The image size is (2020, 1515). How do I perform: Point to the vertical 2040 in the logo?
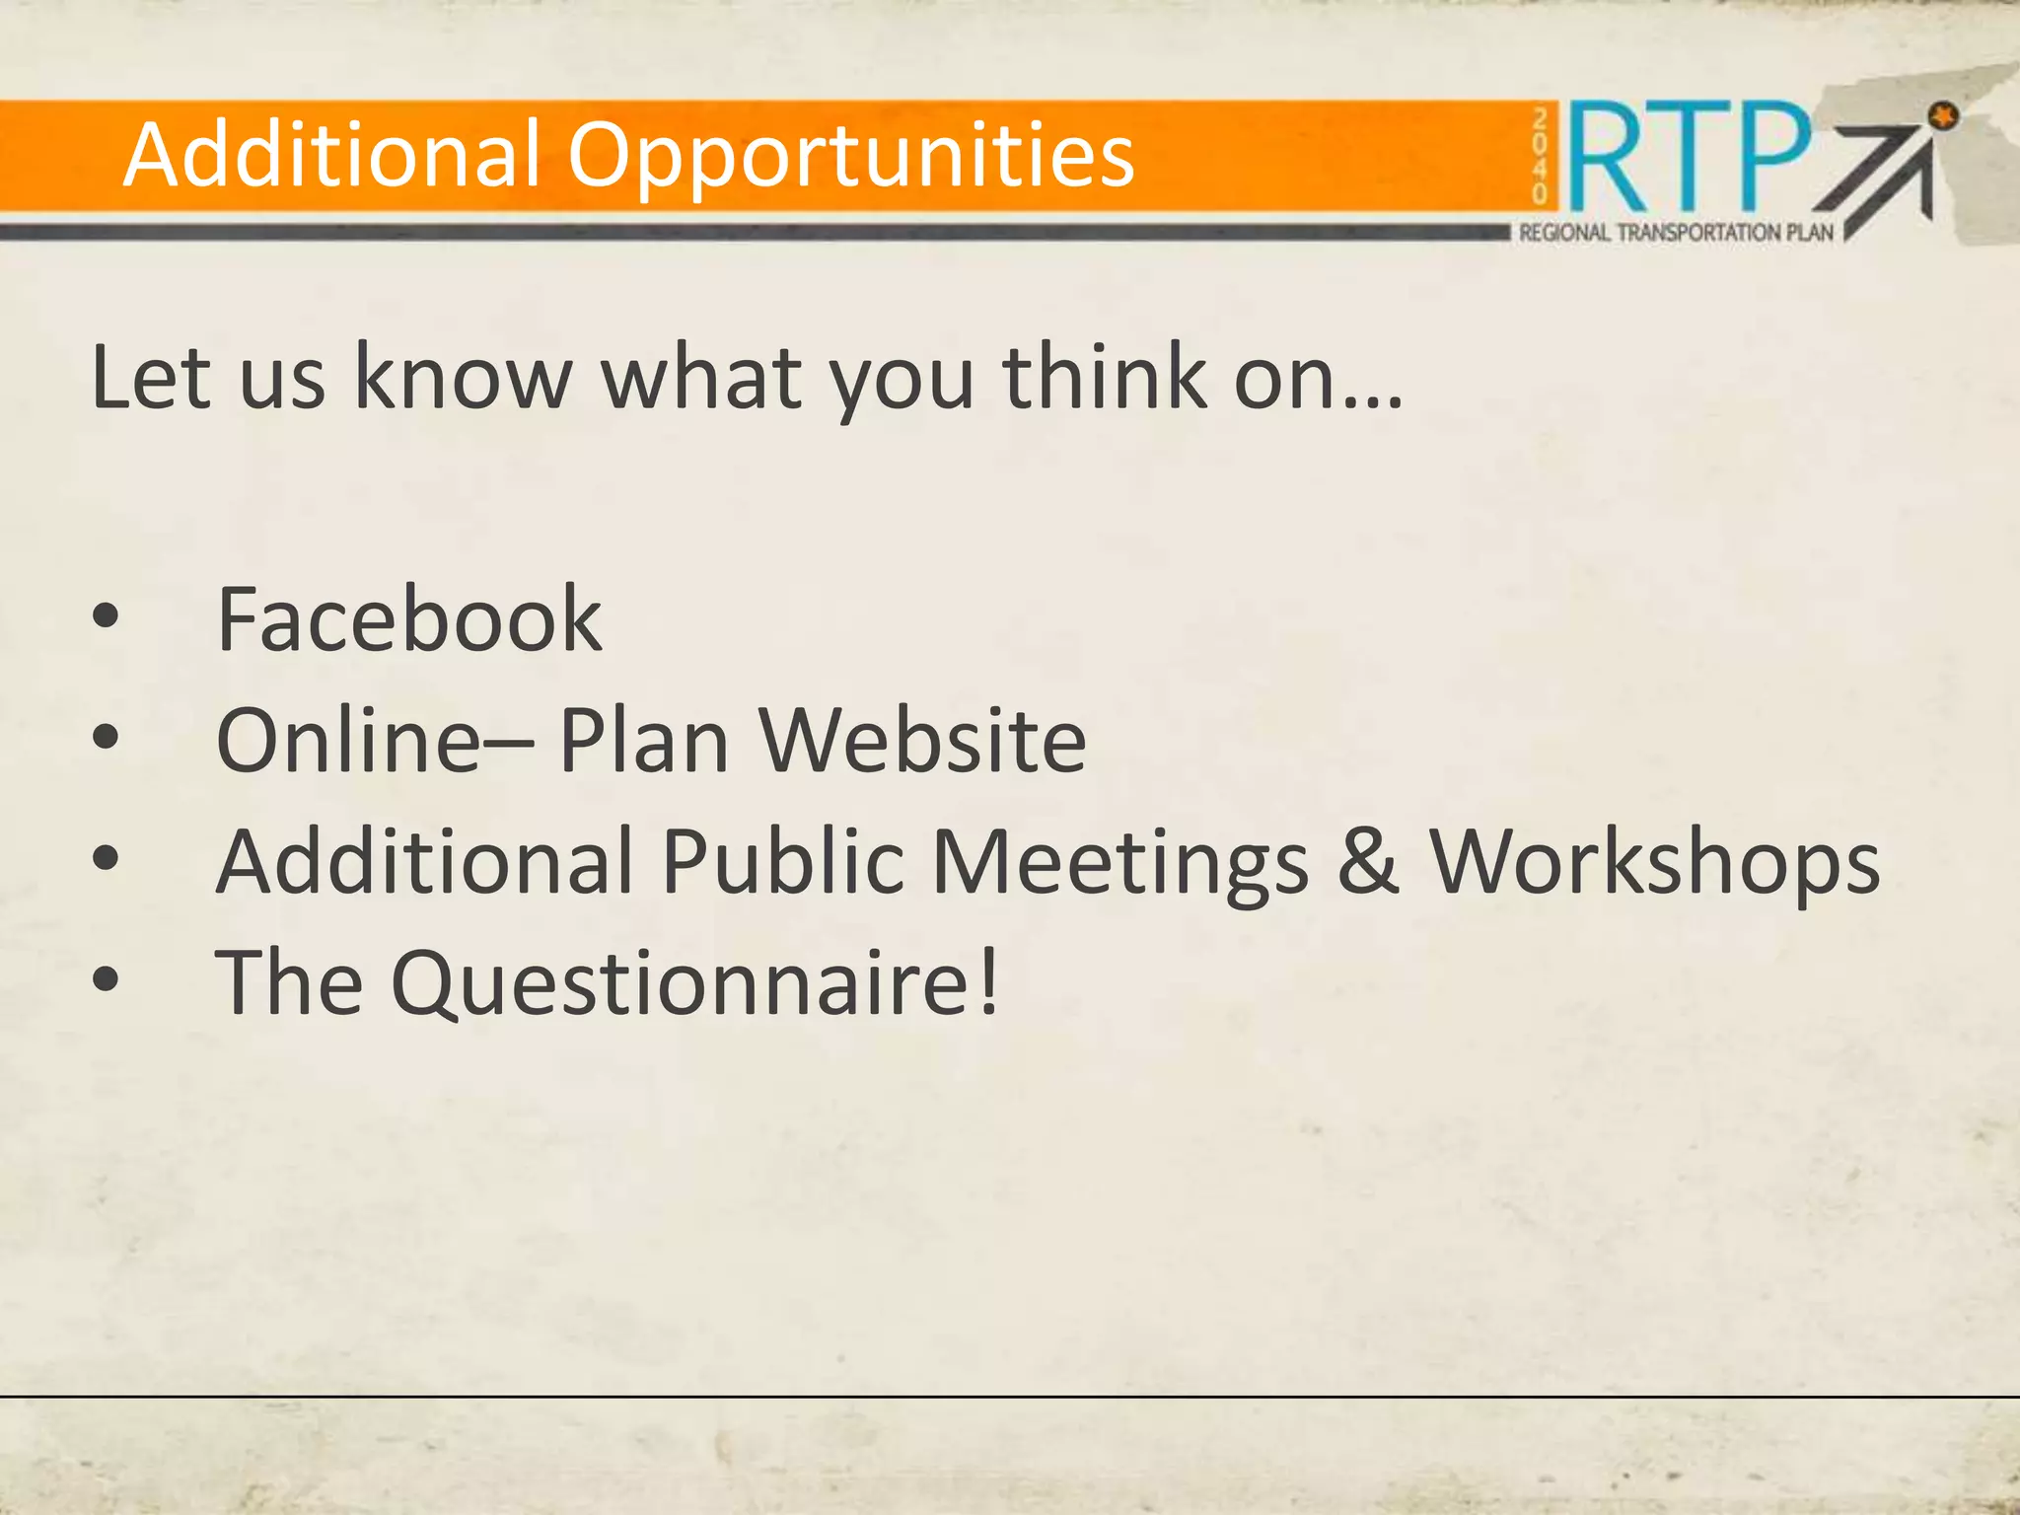coord(1540,156)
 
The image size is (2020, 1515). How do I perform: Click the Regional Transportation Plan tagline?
coord(1676,233)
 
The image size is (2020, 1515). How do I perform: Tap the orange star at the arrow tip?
coord(1943,116)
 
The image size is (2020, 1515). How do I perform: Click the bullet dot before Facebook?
coord(106,618)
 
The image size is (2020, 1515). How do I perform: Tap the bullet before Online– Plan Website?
coord(106,738)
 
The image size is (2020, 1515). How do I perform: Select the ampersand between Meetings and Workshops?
coord(1368,860)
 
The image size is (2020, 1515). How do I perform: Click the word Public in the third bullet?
coord(782,860)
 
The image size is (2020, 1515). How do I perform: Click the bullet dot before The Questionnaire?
coord(106,979)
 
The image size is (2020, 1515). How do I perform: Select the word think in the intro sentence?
coord(1105,377)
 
